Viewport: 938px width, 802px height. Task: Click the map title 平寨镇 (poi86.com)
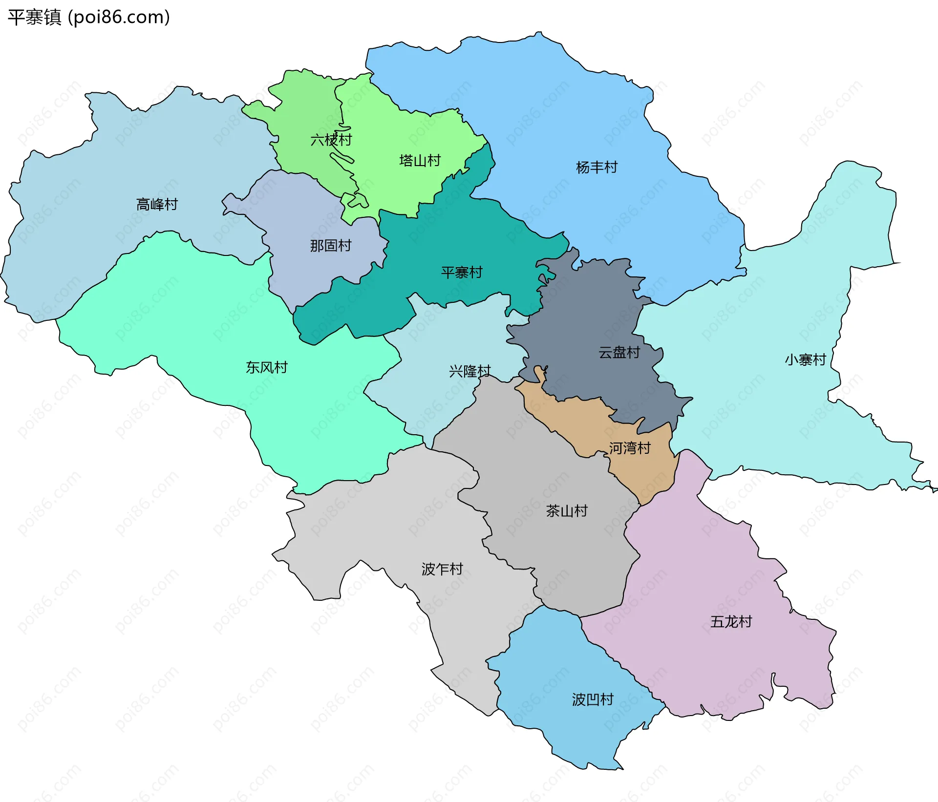tap(88, 17)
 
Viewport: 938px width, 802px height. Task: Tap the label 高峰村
tap(157, 204)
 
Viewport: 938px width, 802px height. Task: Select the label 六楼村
tap(331, 140)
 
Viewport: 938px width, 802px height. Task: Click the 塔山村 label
tap(420, 161)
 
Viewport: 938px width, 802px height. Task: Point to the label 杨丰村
tap(597, 168)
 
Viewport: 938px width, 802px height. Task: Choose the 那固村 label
tap(331, 246)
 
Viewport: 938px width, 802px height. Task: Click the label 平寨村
tap(462, 272)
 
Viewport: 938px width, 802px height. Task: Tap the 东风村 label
tap(267, 367)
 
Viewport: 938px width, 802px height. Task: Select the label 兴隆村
tap(469, 371)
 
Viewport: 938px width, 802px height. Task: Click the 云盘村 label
tap(619, 352)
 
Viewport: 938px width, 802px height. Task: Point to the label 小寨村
tap(805, 360)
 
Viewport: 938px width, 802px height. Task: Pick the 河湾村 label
tap(630, 448)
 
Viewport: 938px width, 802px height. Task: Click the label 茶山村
tap(567, 511)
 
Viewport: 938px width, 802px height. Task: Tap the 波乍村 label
tap(442, 569)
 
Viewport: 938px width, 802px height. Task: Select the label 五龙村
tap(731, 622)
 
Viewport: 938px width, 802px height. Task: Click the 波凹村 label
tap(593, 699)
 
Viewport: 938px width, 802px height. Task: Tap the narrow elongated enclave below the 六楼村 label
tap(341, 158)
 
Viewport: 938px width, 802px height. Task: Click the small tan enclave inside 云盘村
tap(539, 373)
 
